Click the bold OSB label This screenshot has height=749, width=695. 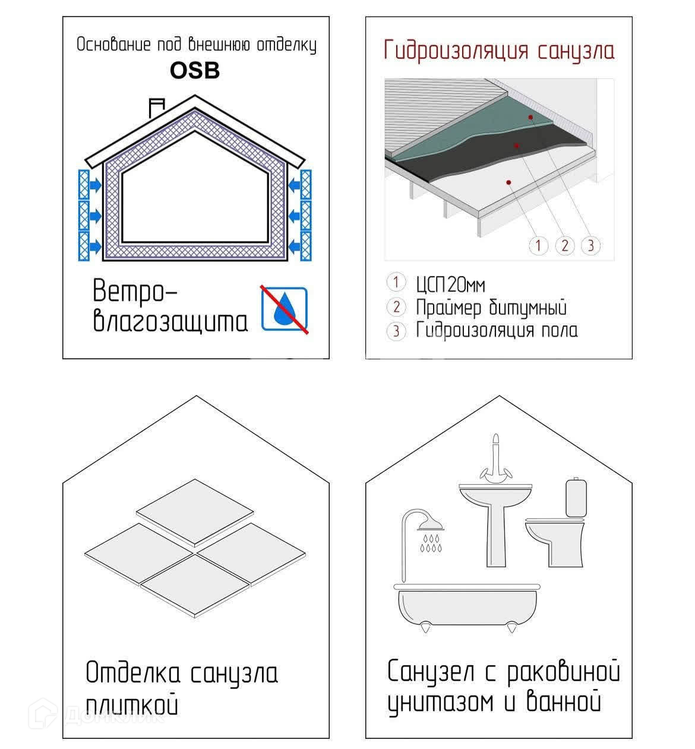point(195,71)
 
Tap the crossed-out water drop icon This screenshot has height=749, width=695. point(284,309)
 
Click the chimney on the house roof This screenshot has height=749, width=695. point(157,108)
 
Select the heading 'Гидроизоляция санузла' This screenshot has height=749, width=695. point(499,51)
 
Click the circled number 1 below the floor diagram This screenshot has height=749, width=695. point(538,245)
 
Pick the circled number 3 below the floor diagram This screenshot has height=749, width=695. point(591,245)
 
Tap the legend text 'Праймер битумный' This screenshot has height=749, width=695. point(491,307)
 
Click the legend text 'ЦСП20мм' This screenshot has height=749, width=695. point(450,285)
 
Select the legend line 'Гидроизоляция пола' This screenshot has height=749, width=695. point(497,330)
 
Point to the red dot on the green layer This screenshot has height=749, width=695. point(530,117)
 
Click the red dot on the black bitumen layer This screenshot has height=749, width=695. point(517,146)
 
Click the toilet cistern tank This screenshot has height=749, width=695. point(576,497)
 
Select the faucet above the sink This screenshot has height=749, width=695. point(496,460)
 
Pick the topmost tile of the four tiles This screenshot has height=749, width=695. point(195,513)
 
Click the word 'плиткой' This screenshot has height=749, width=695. point(132,704)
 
